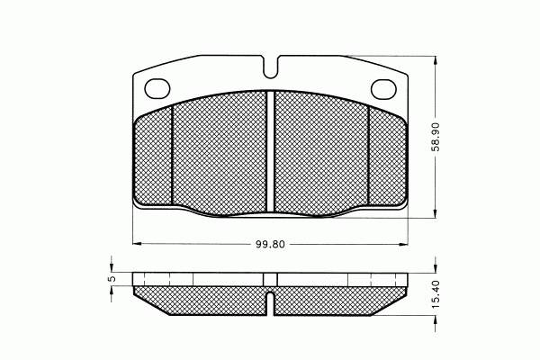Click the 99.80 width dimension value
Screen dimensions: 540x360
click(x=270, y=244)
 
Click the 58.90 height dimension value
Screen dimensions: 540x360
click(x=436, y=137)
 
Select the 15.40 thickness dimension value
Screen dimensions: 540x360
click(x=436, y=294)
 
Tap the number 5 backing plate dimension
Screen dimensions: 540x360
click(x=112, y=279)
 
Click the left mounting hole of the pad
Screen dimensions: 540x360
click(x=157, y=88)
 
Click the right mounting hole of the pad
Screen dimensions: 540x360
click(x=383, y=88)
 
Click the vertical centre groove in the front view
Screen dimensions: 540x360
click(x=270, y=151)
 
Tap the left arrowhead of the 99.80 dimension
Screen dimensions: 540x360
click(x=137, y=244)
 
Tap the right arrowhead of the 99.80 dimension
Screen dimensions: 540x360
click(x=403, y=244)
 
